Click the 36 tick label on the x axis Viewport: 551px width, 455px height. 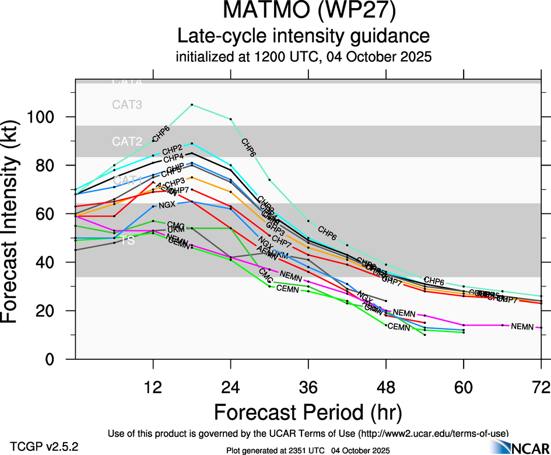(308, 387)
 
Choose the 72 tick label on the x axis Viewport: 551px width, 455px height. (541, 387)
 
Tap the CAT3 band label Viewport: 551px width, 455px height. (128, 105)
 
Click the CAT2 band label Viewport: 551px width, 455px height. (128, 142)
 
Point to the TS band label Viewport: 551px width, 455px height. (127, 240)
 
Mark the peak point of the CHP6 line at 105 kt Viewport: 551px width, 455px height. (192, 105)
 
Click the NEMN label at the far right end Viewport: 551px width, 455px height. (522, 327)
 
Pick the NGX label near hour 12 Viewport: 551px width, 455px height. (167, 205)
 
